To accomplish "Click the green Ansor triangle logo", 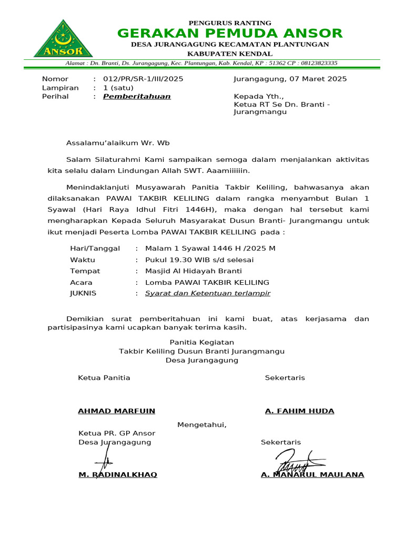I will tap(63, 39).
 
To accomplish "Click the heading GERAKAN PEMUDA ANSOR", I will tap(230, 34).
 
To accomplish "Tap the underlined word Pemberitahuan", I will tap(137, 97).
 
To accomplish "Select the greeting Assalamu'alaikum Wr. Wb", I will tap(118, 142).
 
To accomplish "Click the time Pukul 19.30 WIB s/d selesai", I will tap(199, 260).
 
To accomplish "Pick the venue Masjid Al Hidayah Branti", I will tap(193, 271).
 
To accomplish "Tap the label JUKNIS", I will tap(83, 293).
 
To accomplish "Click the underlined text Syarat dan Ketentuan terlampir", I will tap(207, 293).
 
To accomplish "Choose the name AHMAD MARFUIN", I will tap(116, 411).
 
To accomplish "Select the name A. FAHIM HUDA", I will tap(299, 411).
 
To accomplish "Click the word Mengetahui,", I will tap(202, 425).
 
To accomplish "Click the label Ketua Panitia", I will tap(104, 378).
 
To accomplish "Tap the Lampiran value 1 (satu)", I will tap(118, 88).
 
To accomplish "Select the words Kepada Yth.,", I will tap(258, 97).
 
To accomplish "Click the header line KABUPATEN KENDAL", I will tap(230, 54).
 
